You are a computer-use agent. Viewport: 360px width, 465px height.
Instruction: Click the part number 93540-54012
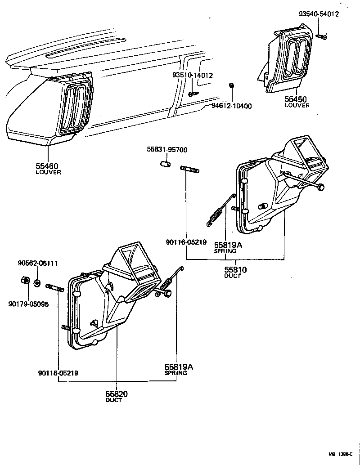click(319, 14)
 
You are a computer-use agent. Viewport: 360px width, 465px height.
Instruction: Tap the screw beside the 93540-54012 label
click(321, 36)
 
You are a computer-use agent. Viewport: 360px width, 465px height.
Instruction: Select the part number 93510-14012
click(193, 75)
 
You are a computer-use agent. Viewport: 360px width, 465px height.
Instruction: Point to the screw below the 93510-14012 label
click(193, 94)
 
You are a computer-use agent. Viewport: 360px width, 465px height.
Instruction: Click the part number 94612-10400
click(231, 106)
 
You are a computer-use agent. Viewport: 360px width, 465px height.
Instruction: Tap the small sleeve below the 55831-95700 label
click(166, 164)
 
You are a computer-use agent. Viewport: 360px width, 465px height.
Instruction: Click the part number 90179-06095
click(28, 304)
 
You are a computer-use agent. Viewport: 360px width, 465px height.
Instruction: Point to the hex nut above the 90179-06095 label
click(26, 281)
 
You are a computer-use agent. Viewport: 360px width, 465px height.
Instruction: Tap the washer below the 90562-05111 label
click(37, 283)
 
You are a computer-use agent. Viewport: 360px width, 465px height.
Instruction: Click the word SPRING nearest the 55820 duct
click(175, 373)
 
